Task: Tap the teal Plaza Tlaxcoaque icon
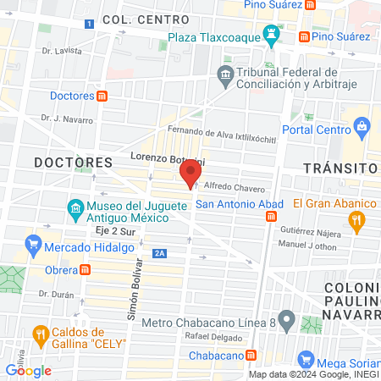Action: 272,36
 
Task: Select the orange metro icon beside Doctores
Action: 102,96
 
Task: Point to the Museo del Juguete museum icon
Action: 75,207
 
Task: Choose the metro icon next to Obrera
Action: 86,270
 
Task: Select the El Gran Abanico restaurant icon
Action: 356,223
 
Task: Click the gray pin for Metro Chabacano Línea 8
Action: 287,322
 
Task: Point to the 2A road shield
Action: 159,253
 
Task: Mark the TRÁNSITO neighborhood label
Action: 339,168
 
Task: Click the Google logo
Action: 28,370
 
